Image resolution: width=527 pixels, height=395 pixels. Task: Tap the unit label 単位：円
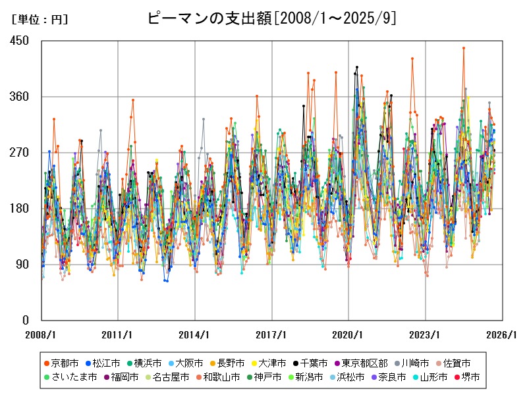point(40,20)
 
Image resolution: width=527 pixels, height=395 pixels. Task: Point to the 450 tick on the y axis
point(20,41)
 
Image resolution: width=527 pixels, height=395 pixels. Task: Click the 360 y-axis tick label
point(20,97)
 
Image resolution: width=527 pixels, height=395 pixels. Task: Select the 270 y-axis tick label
point(20,153)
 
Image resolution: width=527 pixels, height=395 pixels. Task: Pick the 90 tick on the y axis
point(22,265)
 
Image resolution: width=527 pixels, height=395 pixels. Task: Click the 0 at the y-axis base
point(25,321)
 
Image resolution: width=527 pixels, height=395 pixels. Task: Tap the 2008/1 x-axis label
point(42,334)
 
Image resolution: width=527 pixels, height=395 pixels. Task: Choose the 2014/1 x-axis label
point(195,334)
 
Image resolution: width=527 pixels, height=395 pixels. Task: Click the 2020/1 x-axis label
point(348,334)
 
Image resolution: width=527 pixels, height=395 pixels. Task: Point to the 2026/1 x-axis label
point(502,334)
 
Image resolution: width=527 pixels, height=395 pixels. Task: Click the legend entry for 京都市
point(64,363)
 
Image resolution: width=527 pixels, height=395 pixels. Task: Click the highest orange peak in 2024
point(464,47)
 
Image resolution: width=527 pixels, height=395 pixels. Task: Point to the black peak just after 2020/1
point(357,67)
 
